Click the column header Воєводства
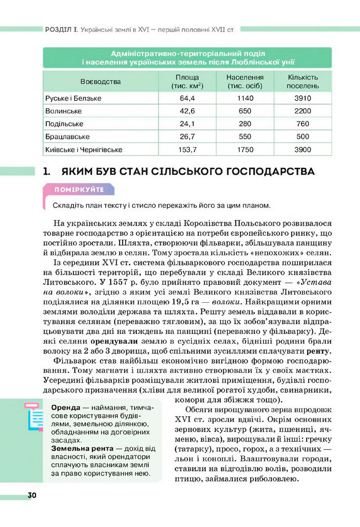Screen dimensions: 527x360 tap(100, 81)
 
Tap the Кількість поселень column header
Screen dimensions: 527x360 tap(303, 81)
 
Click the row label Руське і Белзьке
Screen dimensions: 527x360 tap(73, 98)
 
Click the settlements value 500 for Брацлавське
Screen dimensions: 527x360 tap(303, 137)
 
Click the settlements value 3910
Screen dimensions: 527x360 tap(303, 98)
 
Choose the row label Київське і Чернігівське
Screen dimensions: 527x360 tap(84, 150)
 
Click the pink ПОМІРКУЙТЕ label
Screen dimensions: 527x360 tap(79, 189)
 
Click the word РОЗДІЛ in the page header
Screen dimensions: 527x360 tap(59, 30)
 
